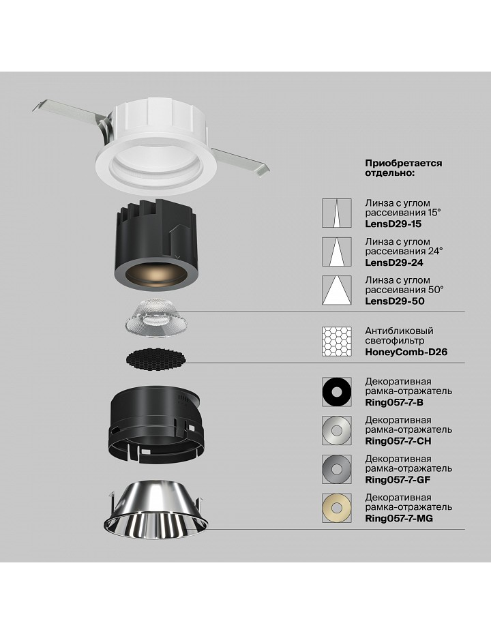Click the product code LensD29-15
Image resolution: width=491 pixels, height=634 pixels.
pos(393,224)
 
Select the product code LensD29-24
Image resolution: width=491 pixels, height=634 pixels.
pos(394,262)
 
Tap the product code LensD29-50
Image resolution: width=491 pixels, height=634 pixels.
pos(395,301)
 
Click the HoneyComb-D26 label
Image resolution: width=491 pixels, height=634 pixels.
pos(406,352)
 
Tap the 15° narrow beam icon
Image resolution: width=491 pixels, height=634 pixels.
pos(336,213)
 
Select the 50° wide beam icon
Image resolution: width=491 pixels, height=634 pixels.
pos(336,290)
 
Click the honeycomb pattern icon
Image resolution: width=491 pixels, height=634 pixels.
pos(336,342)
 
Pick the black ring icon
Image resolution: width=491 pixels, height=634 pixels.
pos(336,392)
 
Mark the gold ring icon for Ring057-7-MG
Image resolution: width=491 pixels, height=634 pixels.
pos(336,508)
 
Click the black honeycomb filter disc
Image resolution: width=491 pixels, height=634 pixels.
pos(156,358)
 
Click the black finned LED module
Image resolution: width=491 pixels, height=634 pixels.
pos(156,247)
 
